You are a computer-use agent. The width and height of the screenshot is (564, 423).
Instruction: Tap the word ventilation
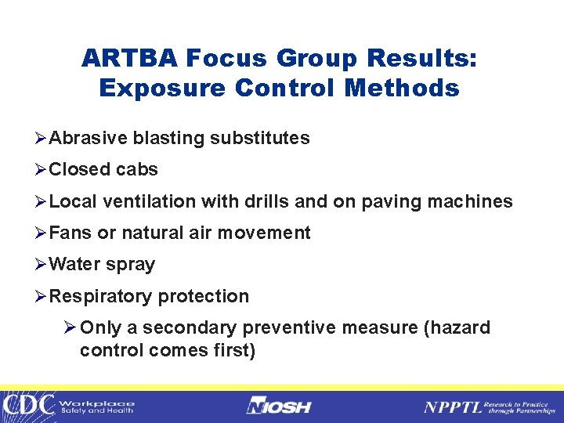(x=150, y=202)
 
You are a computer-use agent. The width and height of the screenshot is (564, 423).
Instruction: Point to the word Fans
(x=70, y=233)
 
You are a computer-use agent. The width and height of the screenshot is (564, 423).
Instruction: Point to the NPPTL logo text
(x=452, y=407)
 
